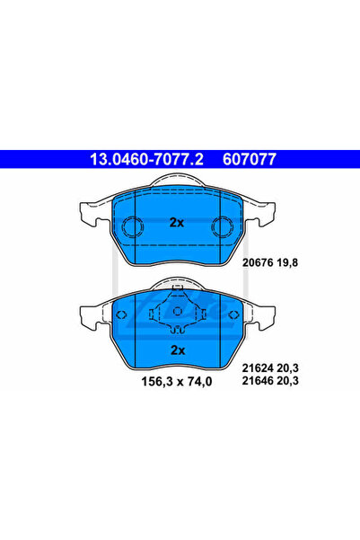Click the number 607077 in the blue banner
(245, 159)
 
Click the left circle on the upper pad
(132, 227)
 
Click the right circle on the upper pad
(222, 227)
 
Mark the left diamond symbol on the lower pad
(123, 314)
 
